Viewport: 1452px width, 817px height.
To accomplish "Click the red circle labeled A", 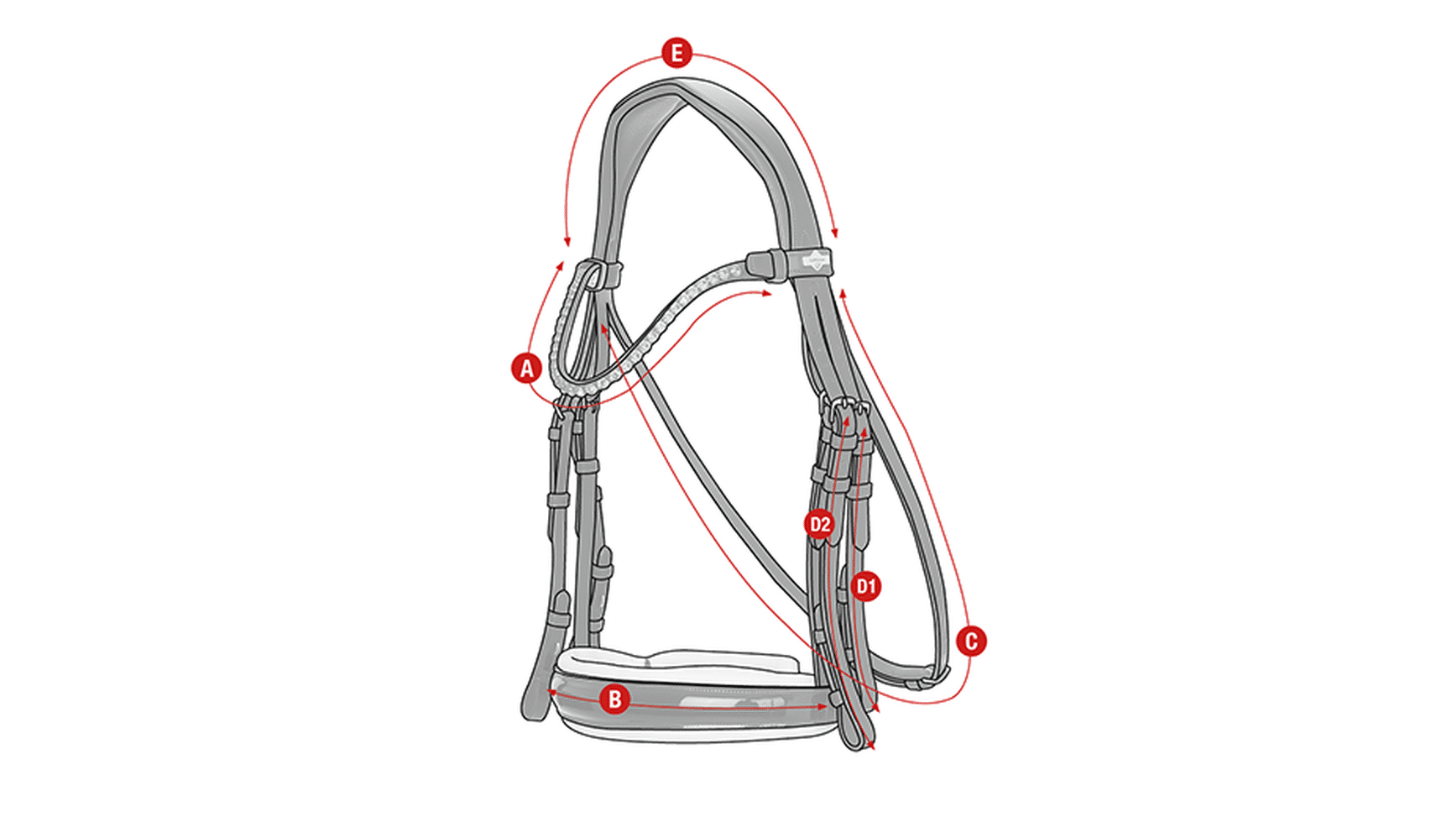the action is (526, 368).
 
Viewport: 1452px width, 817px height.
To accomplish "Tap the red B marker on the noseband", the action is (614, 699).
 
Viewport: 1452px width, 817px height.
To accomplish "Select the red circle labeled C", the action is (971, 642).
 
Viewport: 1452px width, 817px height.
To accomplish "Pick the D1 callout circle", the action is (866, 586).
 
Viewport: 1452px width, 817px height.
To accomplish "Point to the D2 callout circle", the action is (819, 525).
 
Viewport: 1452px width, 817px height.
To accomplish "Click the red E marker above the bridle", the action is (676, 53).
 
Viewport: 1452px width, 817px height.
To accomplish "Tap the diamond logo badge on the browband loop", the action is (813, 260).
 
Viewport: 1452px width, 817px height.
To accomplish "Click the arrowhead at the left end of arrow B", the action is (552, 691).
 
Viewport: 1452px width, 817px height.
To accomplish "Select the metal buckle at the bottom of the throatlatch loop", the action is (933, 673).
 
